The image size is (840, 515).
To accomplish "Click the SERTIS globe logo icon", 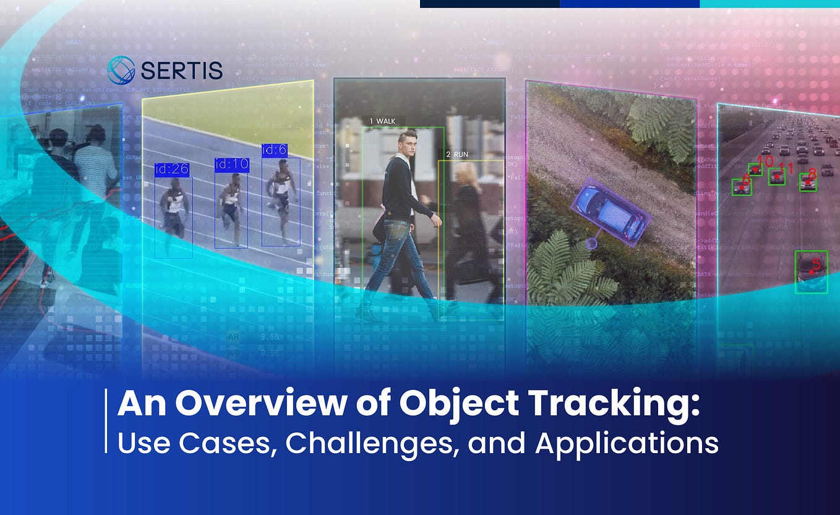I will [121, 70].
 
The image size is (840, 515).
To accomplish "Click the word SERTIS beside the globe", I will [181, 71].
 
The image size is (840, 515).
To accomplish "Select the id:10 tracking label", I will [231, 165].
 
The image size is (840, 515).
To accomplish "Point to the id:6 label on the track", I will [274, 150].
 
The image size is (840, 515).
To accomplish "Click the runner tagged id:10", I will [231, 207].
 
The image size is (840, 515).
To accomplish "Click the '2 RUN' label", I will [456, 154].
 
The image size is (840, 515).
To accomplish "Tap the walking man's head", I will [408, 142].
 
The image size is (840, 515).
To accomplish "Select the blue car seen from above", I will [609, 212].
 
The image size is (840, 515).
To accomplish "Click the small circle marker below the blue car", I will [591, 244].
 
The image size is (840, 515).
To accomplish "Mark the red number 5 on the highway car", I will [816, 266].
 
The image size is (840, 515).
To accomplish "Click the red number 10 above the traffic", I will [765, 161].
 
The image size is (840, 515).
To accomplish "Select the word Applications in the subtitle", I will [626, 443].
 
